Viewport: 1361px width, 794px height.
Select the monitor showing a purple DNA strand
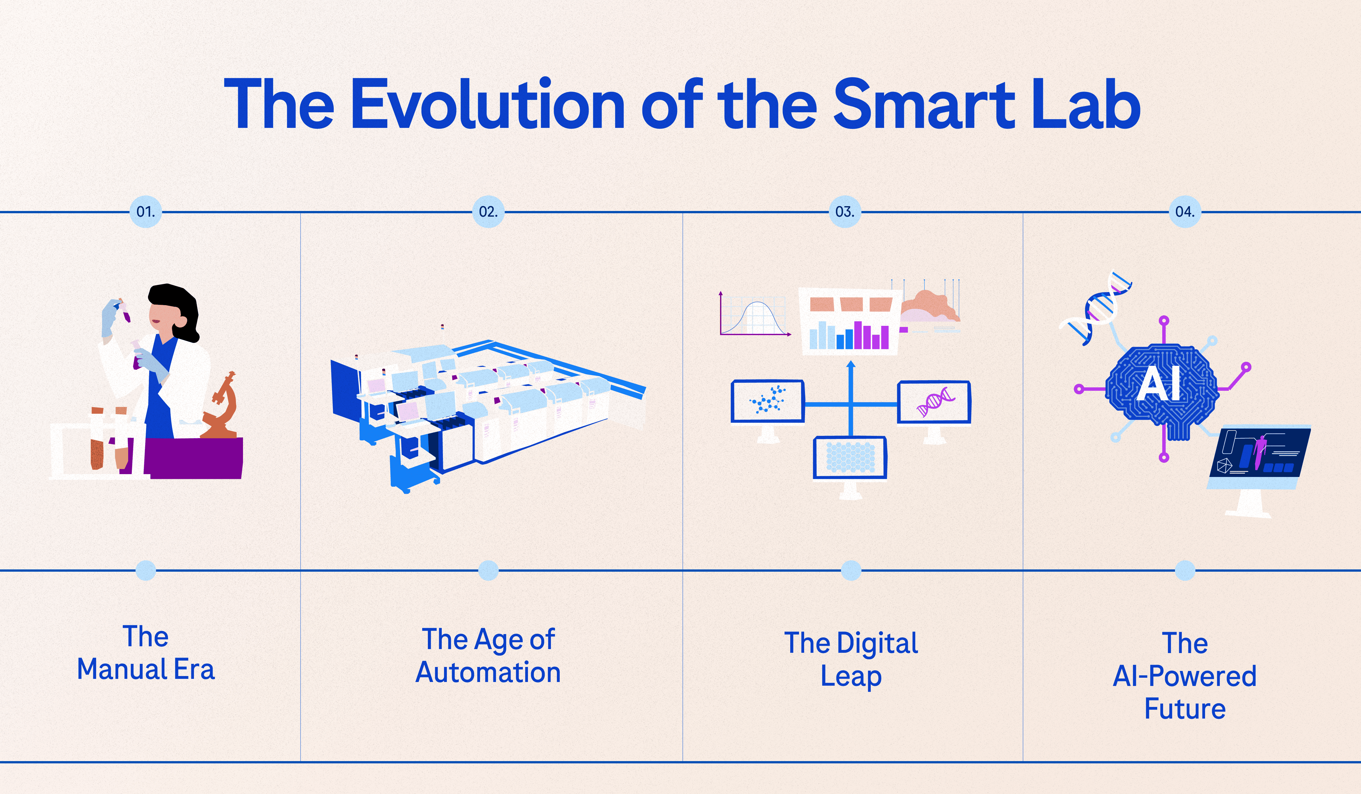point(934,402)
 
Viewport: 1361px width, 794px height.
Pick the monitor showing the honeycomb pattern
point(850,457)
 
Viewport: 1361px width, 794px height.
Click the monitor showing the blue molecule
point(768,401)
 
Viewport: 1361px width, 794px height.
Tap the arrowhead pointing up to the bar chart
point(851,365)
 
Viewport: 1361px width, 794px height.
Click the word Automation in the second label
point(488,672)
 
